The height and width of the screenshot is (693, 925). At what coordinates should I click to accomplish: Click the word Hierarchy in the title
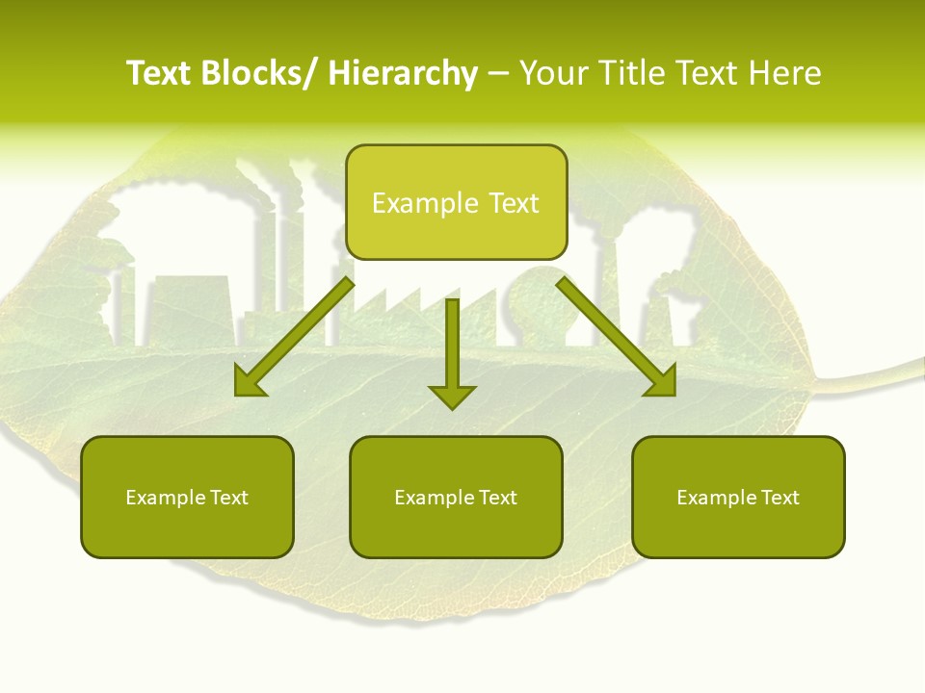(x=403, y=74)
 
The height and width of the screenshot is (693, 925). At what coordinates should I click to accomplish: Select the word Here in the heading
(x=787, y=74)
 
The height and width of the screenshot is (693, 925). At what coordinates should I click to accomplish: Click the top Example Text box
(x=456, y=202)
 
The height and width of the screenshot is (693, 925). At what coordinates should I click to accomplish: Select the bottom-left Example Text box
(x=187, y=497)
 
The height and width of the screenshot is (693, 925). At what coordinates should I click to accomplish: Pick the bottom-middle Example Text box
(x=456, y=497)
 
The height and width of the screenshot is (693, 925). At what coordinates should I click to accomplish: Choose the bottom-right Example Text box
(x=738, y=497)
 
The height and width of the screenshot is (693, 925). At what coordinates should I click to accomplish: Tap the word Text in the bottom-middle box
(x=498, y=498)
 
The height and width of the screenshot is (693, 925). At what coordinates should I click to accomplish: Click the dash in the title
(x=498, y=74)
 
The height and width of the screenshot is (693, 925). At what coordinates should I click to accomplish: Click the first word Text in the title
(x=159, y=74)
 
